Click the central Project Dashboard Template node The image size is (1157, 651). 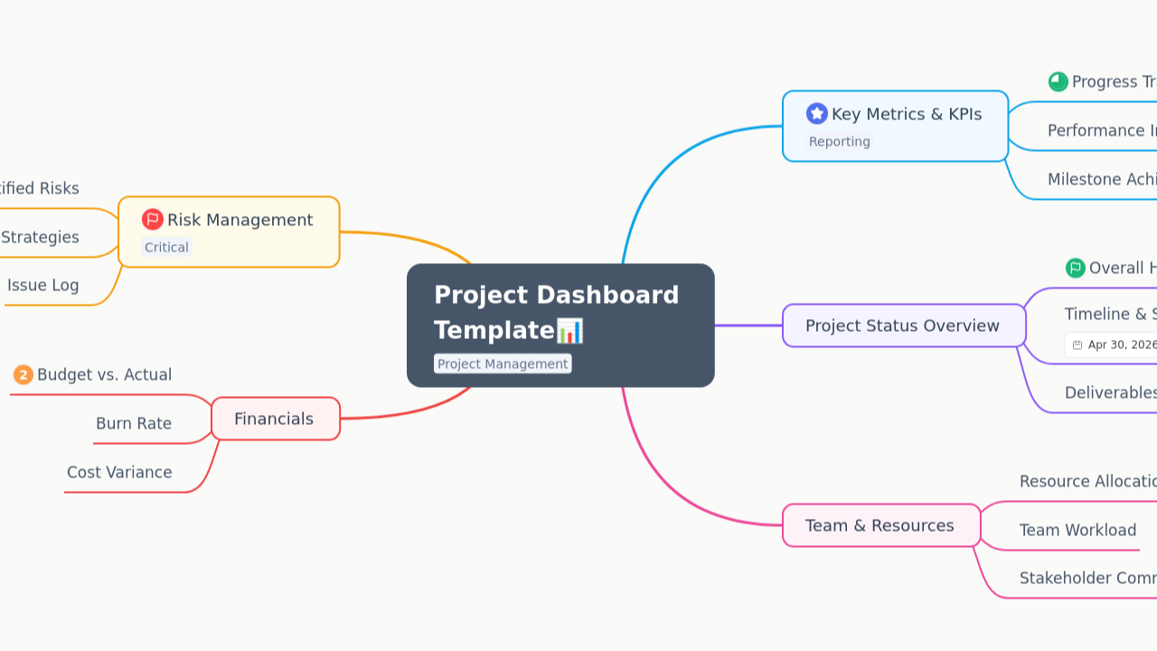556,312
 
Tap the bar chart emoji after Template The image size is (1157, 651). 569,331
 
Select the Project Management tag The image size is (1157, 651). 503,363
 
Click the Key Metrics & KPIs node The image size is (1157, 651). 906,115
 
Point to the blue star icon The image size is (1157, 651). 817,113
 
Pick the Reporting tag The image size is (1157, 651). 840,141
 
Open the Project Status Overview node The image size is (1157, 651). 902,325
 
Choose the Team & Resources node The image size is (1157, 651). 880,525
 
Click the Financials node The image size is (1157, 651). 274,419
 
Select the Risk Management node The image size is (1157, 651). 240,220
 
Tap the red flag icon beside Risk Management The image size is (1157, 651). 153,220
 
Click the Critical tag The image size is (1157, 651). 166,247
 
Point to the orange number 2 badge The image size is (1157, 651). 24,374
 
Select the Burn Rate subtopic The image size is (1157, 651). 134,423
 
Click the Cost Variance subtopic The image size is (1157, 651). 119,472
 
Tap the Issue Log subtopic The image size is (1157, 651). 43,285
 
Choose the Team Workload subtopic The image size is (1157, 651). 1077,530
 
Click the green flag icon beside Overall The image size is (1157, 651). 1075,268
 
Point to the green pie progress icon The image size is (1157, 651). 1058,81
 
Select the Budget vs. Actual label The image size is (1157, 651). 104,374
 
